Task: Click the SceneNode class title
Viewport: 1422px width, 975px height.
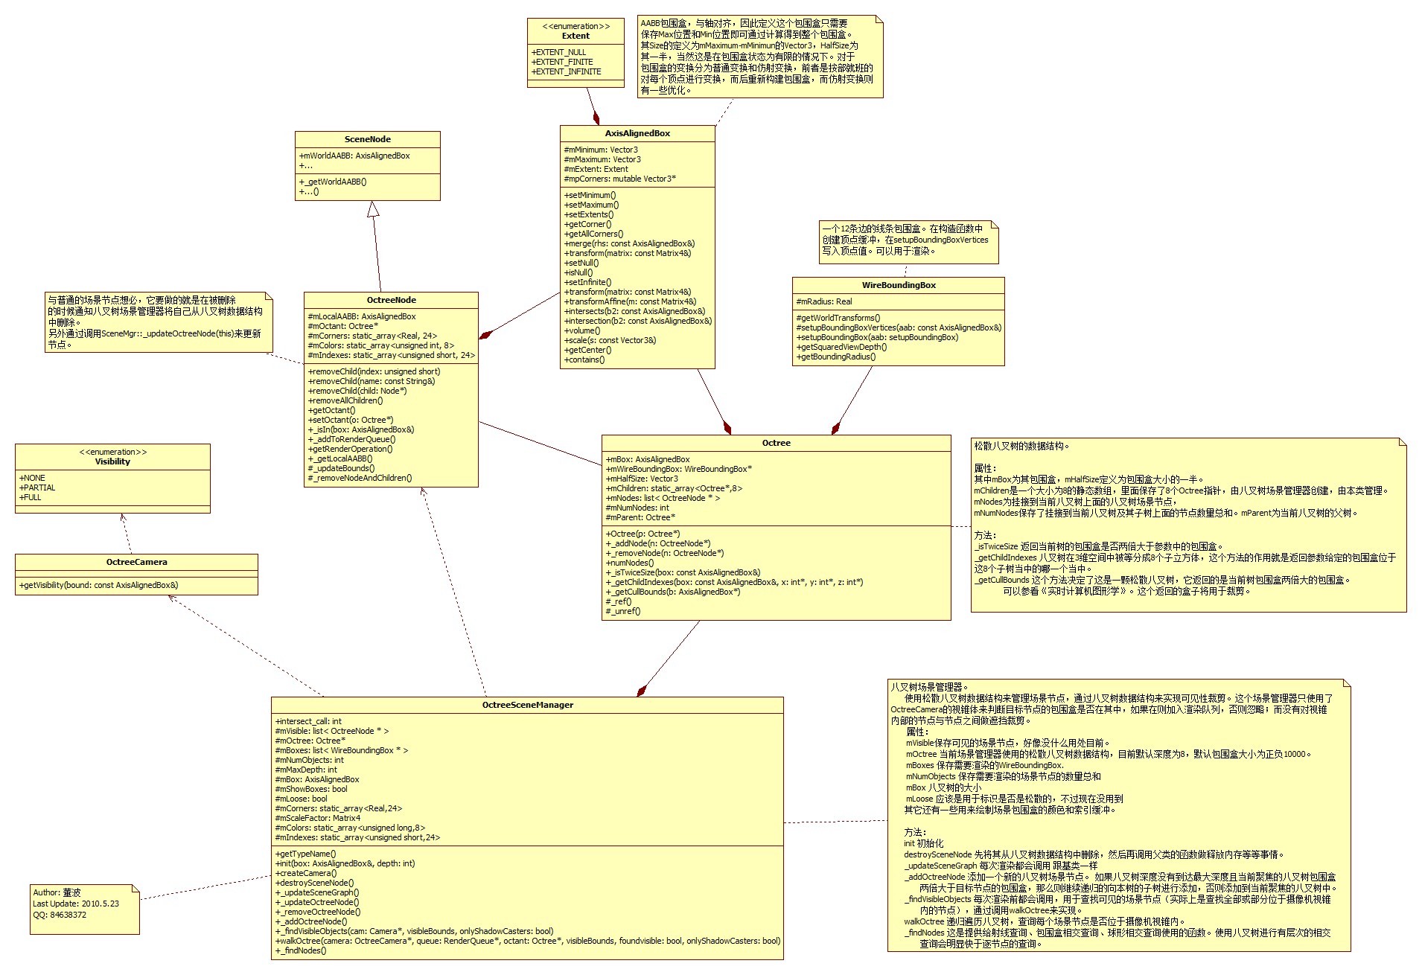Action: coord(367,139)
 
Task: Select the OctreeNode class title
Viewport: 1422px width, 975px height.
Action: coord(391,300)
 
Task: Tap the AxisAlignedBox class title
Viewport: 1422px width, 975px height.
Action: coord(637,133)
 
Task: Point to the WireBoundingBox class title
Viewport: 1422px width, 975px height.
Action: coord(898,285)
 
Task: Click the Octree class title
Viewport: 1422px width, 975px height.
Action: coord(776,443)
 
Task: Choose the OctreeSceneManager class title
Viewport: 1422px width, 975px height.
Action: coord(527,705)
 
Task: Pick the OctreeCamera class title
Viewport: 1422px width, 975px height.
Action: coord(136,562)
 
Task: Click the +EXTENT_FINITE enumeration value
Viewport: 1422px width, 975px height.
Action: coord(563,62)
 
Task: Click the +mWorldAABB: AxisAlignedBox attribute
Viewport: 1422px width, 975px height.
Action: coord(355,156)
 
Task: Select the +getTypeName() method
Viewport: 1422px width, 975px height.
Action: coord(306,854)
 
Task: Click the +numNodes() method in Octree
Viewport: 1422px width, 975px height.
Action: coord(630,563)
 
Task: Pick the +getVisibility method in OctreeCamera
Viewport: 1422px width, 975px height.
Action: coord(99,585)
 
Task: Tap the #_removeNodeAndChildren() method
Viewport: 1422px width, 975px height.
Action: coord(360,478)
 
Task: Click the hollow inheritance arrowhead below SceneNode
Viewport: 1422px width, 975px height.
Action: coord(373,209)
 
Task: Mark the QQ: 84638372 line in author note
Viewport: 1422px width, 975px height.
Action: coord(60,915)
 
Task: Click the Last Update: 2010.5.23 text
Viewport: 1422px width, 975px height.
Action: coord(76,904)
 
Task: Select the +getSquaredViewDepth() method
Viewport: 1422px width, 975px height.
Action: coord(841,347)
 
